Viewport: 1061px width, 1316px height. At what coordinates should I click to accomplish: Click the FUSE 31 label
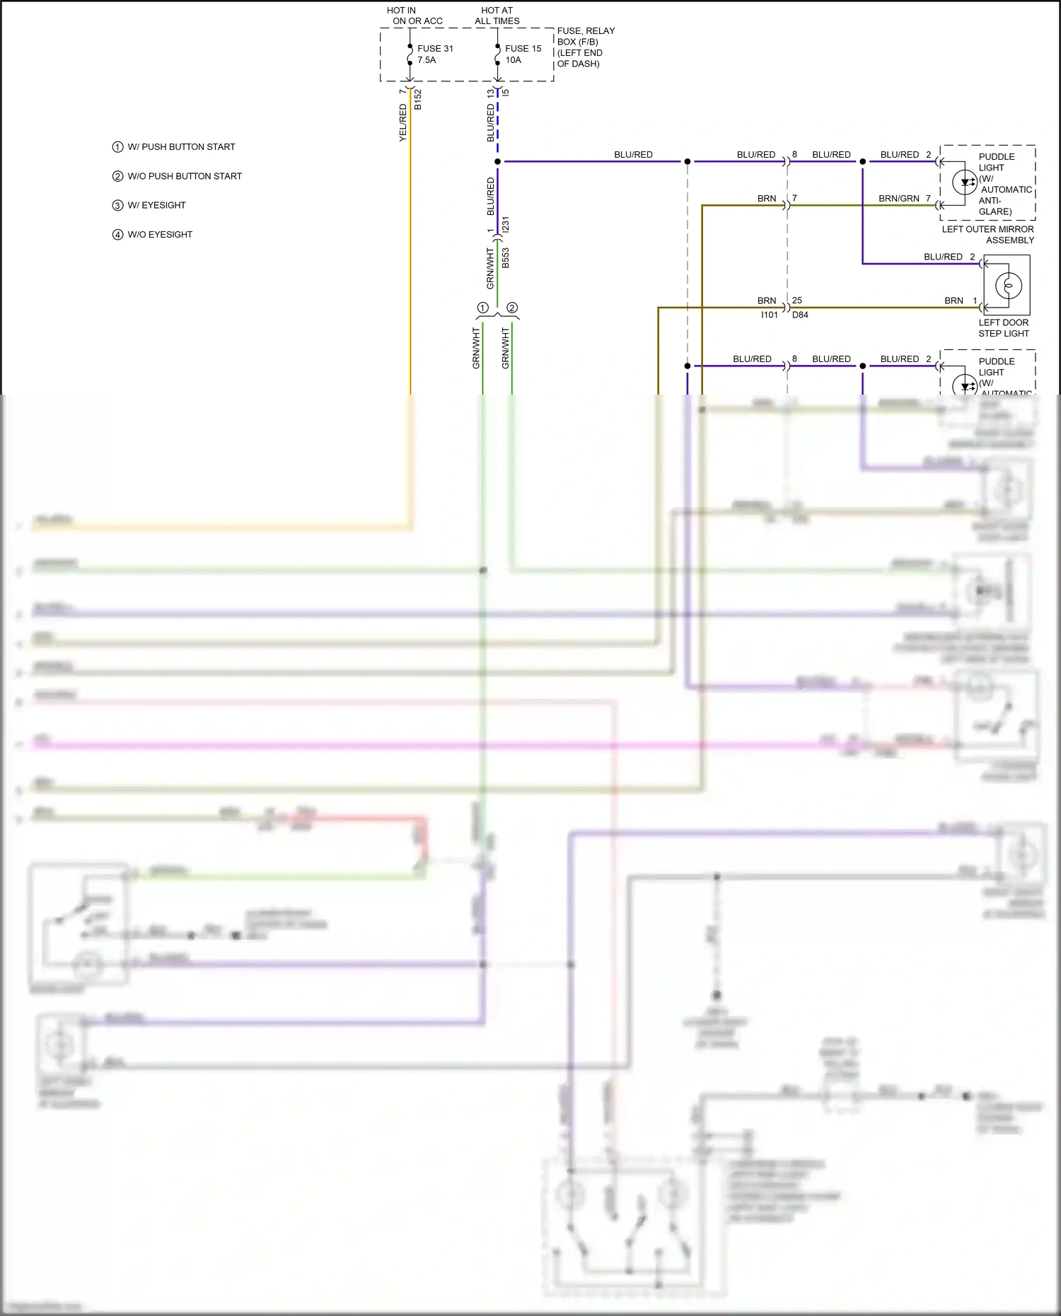click(435, 49)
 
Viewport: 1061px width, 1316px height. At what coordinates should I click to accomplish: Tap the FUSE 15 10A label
click(523, 54)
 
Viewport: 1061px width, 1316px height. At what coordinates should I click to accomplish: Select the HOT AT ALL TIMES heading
click(497, 16)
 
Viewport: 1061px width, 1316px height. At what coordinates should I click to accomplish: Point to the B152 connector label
click(418, 99)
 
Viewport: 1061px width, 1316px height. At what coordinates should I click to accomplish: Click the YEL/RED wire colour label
click(403, 122)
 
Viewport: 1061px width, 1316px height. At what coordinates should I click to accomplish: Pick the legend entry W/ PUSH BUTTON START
click(181, 147)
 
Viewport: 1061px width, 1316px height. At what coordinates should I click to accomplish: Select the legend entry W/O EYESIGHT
click(160, 235)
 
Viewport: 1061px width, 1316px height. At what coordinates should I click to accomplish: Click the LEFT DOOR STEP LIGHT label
click(1003, 328)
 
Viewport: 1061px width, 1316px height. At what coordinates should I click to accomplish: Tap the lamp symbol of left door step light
click(1008, 286)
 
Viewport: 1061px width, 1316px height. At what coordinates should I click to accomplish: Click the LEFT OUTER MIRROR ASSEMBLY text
click(987, 235)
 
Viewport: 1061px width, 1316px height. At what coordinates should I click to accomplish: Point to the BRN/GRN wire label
click(899, 199)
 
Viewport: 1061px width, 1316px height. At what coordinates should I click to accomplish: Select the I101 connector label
click(769, 315)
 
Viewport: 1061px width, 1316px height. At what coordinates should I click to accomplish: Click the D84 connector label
click(800, 315)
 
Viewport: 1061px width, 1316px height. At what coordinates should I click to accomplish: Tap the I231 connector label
click(506, 225)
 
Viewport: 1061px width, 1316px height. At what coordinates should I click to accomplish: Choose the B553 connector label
click(506, 257)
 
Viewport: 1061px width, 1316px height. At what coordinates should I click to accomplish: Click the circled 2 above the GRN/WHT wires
click(512, 308)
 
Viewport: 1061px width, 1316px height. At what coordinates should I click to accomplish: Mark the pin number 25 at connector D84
click(797, 301)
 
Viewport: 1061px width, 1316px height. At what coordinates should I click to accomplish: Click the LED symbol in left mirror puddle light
click(965, 182)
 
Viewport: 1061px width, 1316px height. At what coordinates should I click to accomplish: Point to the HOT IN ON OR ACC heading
click(417, 16)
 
